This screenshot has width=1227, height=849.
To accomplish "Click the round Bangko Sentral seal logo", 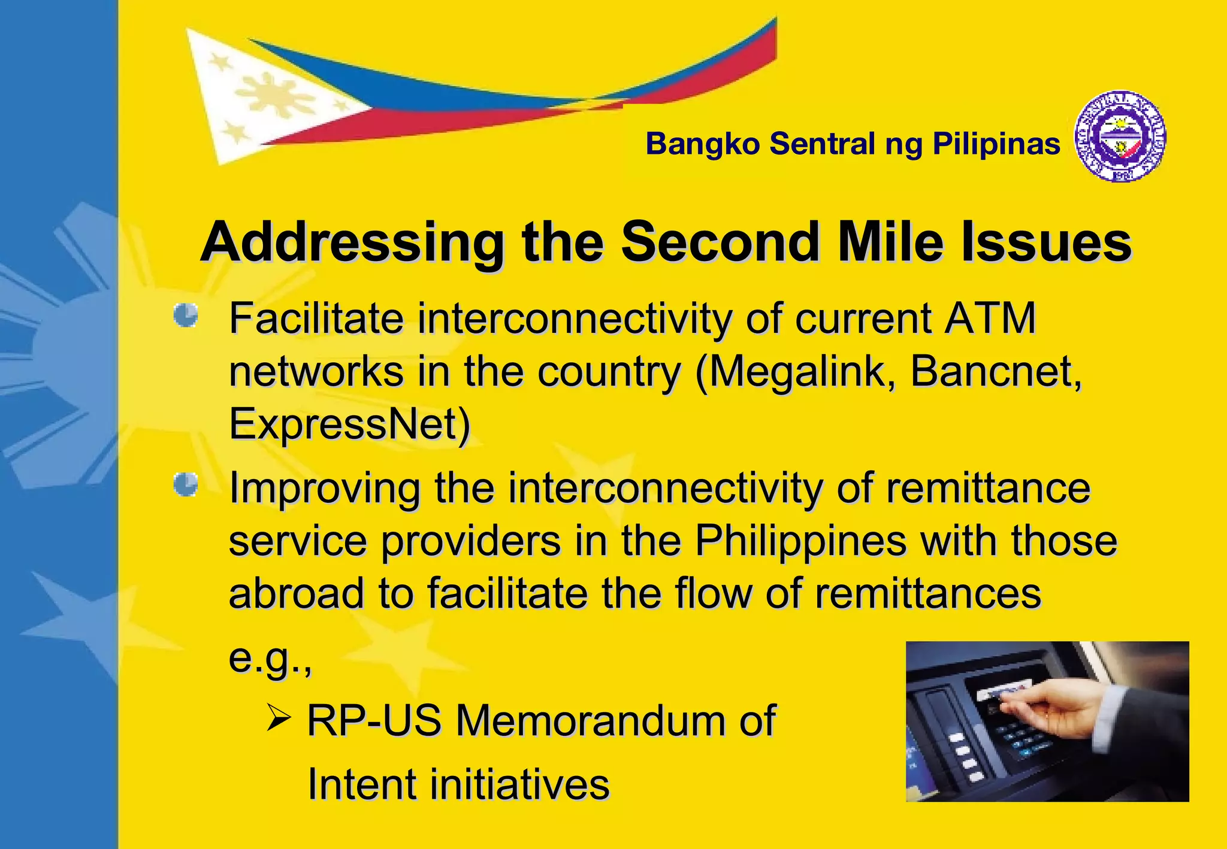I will coord(1120,137).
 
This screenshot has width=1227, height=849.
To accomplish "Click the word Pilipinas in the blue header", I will coord(996,144).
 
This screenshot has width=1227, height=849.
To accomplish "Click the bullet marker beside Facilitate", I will coord(186,316).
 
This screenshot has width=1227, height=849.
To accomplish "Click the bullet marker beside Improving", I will coord(186,485).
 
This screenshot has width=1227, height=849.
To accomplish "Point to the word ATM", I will coord(990,318).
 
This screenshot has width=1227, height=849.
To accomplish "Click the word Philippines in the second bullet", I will coord(800,541).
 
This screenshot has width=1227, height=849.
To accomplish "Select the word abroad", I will coord(296,593).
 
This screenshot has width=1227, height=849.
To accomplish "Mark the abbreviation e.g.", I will coord(270,659).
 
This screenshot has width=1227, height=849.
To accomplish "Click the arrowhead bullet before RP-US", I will coord(279,718).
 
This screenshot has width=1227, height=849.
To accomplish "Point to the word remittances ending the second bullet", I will coord(928,593).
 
